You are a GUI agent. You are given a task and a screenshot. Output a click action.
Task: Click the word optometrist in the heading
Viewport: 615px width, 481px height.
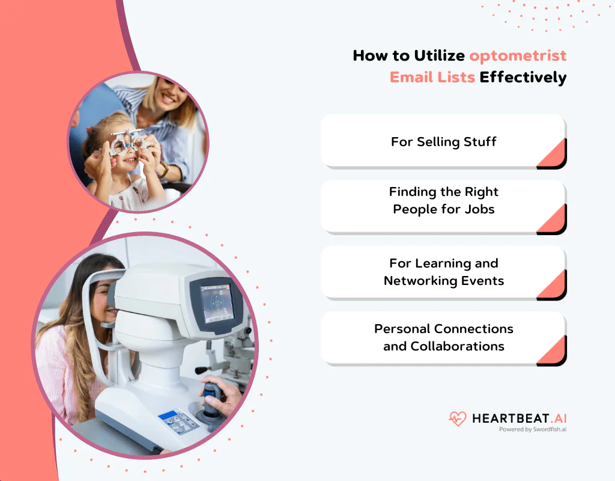click(518, 56)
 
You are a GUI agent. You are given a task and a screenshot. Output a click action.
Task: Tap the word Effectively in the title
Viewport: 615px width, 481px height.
click(523, 77)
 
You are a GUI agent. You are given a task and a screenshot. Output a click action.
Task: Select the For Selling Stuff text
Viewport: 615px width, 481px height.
click(444, 142)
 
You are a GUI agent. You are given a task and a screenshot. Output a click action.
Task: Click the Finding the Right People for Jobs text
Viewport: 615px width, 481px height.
click(444, 200)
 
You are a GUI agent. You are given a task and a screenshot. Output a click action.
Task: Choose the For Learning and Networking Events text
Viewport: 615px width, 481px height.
click(444, 272)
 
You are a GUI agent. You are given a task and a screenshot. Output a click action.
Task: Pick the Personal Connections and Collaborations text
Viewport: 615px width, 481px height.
click(444, 337)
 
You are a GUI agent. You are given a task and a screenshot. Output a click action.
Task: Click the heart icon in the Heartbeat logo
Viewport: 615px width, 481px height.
click(458, 418)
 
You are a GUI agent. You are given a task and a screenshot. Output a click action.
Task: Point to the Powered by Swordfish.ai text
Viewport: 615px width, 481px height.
click(533, 430)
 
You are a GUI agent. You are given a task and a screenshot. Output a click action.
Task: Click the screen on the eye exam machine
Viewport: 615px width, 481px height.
click(216, 302)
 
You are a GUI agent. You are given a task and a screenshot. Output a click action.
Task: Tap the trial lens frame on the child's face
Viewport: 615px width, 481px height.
click(127, 144)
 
